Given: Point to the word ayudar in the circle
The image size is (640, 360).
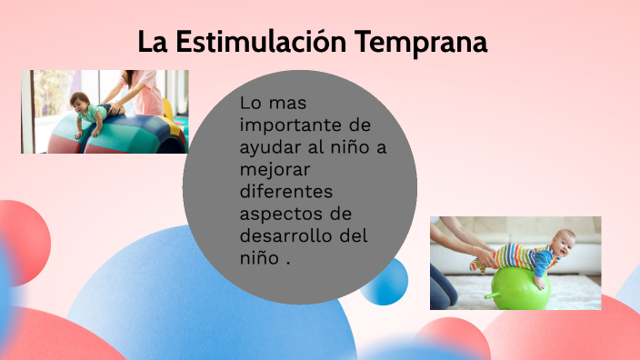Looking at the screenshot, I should point(268,147).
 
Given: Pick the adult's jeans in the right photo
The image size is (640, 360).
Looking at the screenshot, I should point(443,285).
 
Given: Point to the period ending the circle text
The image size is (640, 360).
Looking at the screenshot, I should point(287,259).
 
